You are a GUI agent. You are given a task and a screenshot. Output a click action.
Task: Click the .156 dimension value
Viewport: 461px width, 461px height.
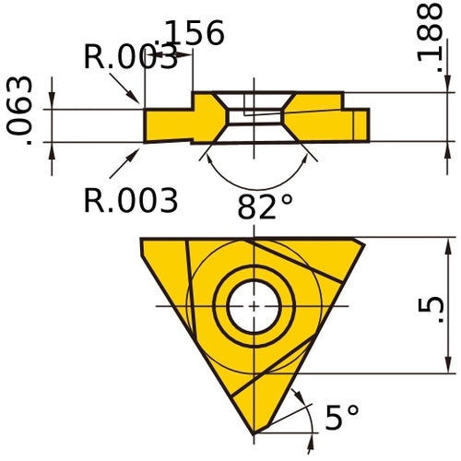pos(191,33)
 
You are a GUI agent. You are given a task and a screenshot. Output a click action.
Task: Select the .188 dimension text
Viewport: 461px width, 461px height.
pos(430,34)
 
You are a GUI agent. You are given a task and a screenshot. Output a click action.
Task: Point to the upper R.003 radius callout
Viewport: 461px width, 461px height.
pos(129,58)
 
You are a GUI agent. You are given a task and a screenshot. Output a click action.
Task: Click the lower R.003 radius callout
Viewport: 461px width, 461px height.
pos(130,199)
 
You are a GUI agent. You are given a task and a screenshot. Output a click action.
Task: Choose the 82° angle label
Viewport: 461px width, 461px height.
pos(265,207)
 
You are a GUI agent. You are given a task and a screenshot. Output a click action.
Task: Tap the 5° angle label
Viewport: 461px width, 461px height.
pos(341,419)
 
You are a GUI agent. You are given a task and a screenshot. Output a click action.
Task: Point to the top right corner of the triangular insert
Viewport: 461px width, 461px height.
pos(364,242)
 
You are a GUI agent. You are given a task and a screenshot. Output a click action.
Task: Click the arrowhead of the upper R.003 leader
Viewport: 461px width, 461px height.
pos(141,100)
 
